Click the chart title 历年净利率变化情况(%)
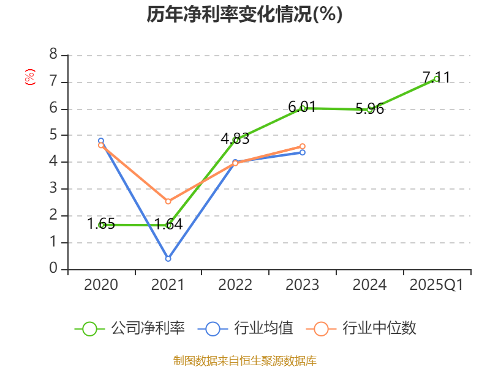coord(244,15)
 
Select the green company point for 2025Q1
coord(436,78)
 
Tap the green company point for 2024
coord(370,109)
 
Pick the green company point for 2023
coord(303,108)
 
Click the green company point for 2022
coord(236,140)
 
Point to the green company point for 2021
coord(168,225)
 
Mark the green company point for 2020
coord(102,224)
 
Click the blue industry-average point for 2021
coord(168,259)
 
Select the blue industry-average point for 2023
coord(303,152)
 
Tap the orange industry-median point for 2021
coord(168,201)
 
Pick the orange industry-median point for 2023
coord(303,146)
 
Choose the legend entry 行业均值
coord(246,328)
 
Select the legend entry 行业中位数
coord(365,328)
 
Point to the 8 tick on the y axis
coord(53,55)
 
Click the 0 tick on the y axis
coord(53,269)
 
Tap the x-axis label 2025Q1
coord(437,285)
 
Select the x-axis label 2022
coord(236,285)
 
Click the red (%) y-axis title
coord(29,77)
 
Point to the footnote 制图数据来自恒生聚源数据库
coord(244,360)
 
